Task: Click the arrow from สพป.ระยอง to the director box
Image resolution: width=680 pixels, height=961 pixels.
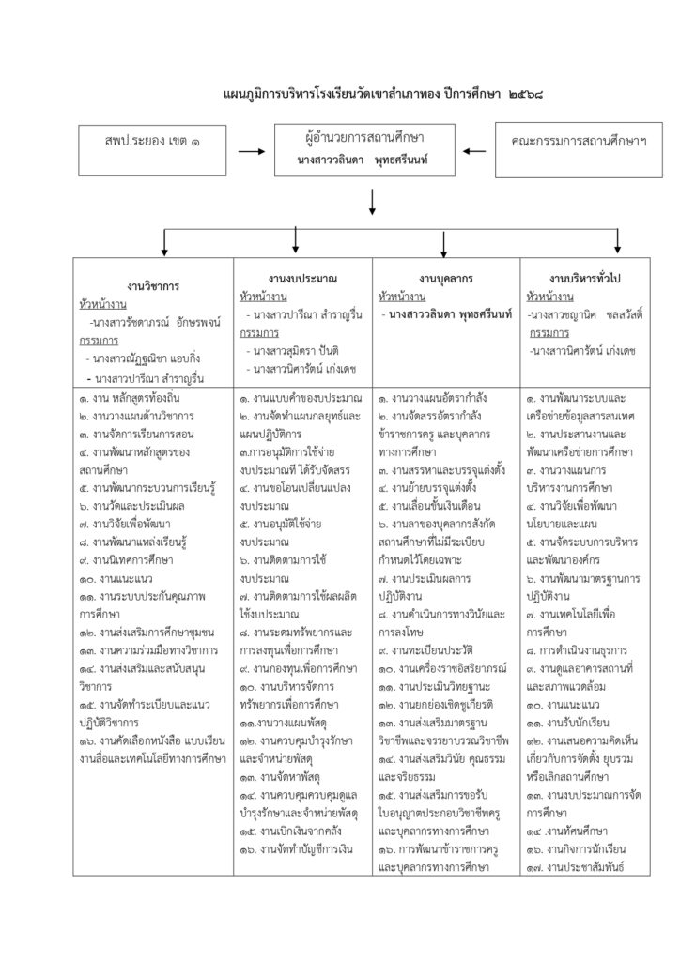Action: (252, 150)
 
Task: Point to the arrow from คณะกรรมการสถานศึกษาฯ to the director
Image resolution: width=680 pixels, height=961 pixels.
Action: (474, 150)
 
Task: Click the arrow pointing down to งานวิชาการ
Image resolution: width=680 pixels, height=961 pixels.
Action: (165, 243)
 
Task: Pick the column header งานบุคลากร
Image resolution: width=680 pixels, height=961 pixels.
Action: (445, 280)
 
